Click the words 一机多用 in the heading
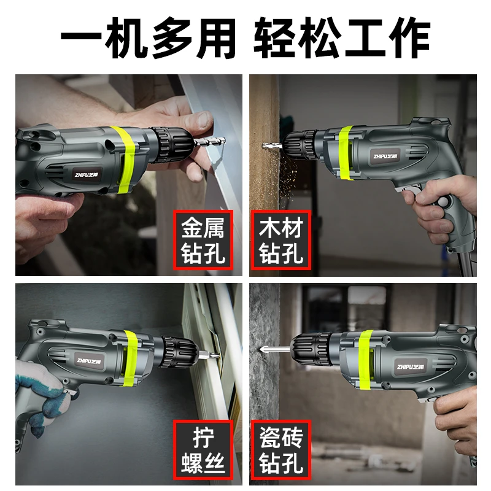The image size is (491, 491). tap(147, 39)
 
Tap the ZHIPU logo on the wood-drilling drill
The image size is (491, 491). tap(388, 155)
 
